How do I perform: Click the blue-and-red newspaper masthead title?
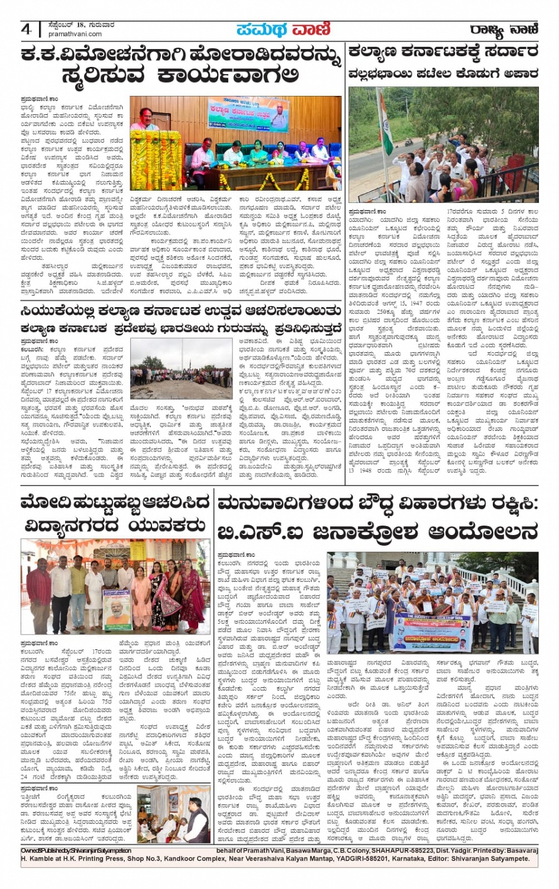click(283, 29)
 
